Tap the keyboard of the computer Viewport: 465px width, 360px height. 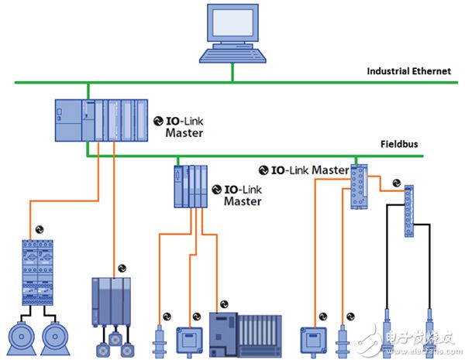tap(232, 55)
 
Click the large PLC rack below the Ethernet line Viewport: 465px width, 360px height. tap(101, 120)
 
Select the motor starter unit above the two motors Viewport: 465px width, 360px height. tap(36, 271)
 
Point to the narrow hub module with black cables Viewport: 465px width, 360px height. tap(408, 210)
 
